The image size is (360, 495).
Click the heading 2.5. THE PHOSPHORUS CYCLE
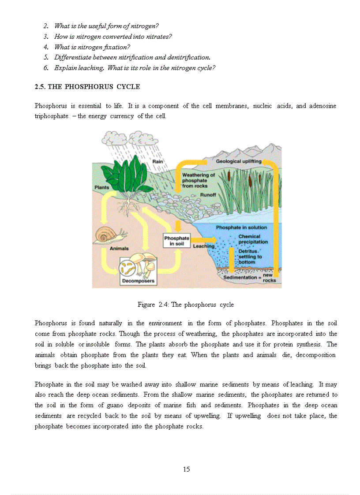[x=87, y=87]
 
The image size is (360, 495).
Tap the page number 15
[x=186, y=469]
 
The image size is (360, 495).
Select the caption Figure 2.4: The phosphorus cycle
[x=185, y=305]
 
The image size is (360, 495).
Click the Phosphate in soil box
[x=176, y=241]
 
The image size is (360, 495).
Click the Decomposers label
[x=138, y=281]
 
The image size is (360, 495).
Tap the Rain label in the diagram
[x=157, y=162]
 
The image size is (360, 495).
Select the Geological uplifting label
[x=238, y=161]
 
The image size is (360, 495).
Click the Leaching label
[x=203, y=246]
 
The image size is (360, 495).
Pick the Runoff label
[x=208, y=194]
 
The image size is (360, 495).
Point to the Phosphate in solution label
[x=241, y=227]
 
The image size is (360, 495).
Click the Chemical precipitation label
[x=253, y=239]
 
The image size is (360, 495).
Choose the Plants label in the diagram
[x=102, y=187]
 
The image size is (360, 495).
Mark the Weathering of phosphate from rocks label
[x=198, y=180]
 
